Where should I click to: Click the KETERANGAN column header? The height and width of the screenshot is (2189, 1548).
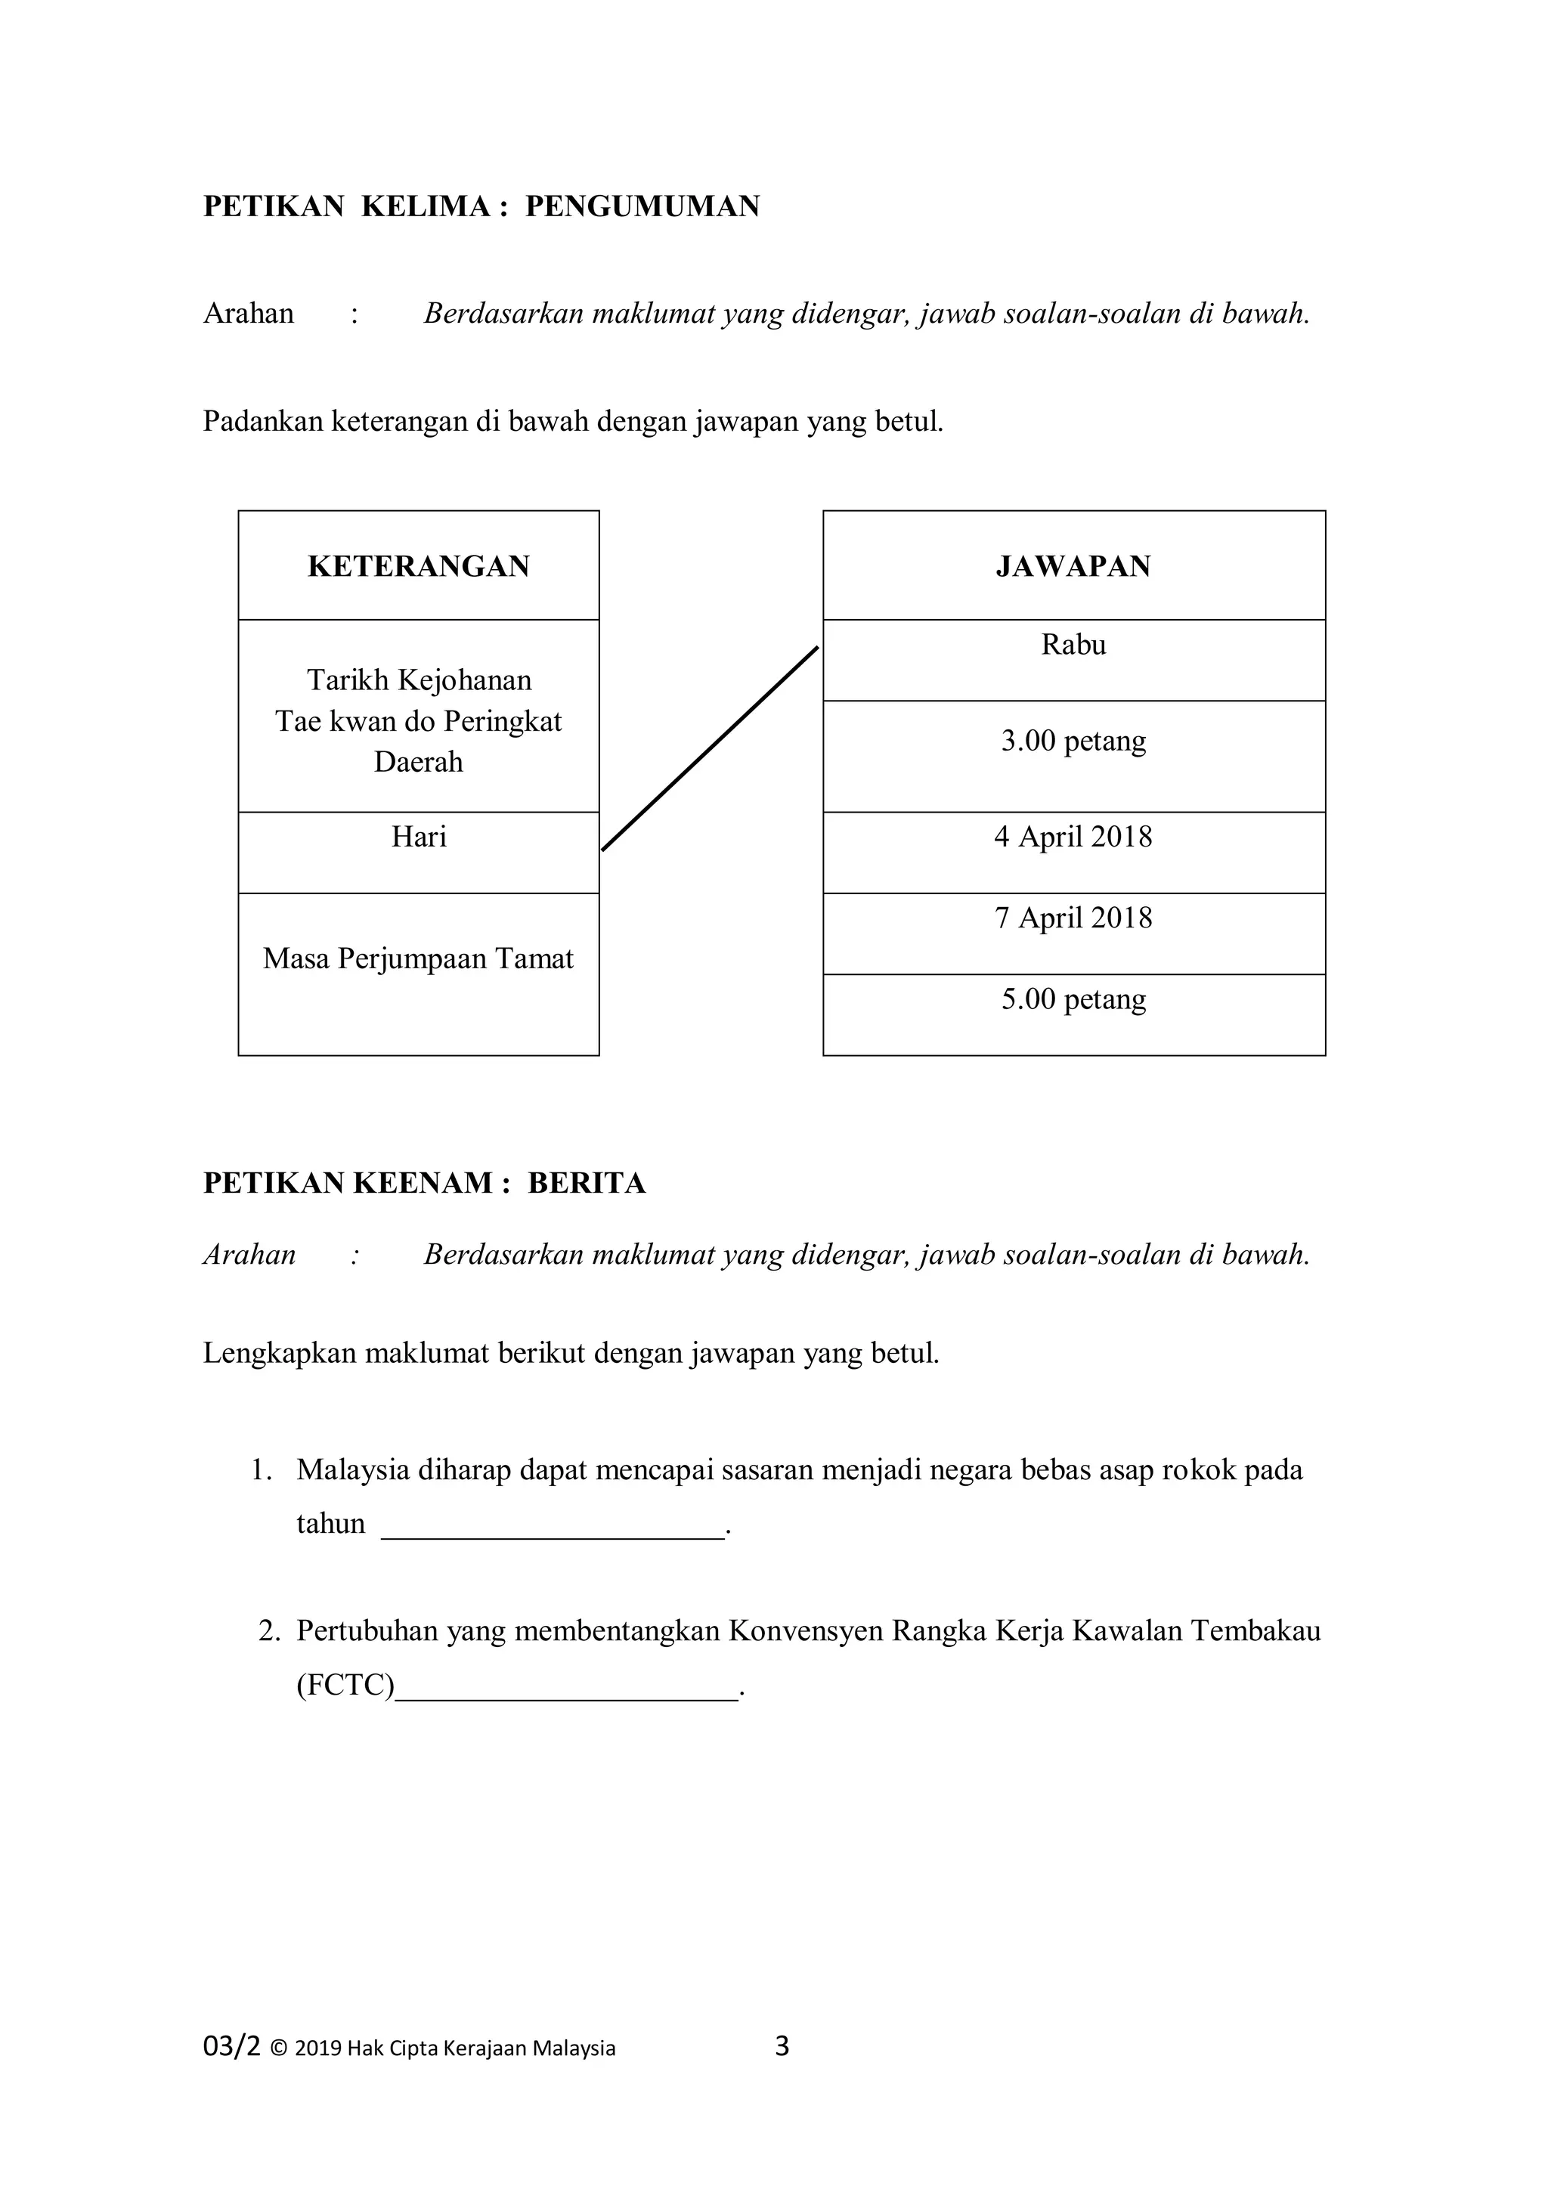419,566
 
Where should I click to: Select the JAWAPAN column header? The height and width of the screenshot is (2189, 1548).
1073,566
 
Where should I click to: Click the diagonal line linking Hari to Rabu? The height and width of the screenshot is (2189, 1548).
711,748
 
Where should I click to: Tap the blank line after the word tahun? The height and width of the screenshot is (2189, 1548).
553,1524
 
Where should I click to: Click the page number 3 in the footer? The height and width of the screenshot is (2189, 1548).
782,2047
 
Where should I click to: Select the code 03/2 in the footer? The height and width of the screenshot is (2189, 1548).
231,2047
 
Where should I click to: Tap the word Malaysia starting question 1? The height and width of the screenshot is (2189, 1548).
353,1469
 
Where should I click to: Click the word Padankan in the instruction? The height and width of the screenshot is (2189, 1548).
263,422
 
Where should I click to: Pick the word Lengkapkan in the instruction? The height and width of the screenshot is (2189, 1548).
279,1354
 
